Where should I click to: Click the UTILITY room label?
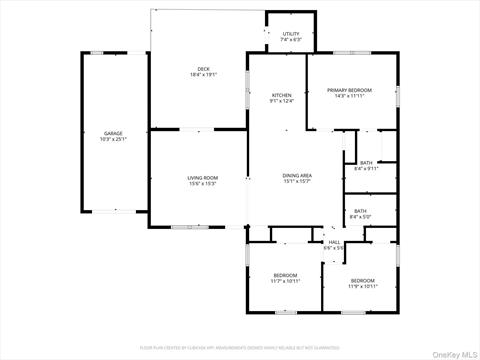point(291,34)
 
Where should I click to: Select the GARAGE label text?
point(113,133)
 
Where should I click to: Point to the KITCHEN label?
point(282,95)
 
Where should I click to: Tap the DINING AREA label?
point(298,175)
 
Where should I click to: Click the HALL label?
point(334,241)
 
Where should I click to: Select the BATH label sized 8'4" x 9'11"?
point(366,162)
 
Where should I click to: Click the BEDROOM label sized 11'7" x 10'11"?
point(286,275)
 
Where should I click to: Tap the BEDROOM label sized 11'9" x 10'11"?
point(361,280)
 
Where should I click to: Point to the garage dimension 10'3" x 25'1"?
point(113,139)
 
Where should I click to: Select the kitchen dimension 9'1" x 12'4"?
point(282,101)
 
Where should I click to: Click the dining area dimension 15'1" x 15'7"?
point(298,181)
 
